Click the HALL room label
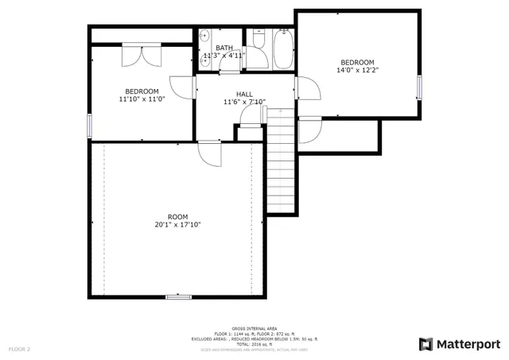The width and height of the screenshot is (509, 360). (x=244, y=94)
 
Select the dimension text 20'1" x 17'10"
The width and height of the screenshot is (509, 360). (x=177, y=225)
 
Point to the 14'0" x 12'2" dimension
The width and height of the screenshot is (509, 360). (x=357, y=70)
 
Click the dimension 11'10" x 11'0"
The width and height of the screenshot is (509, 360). (x=141, y=99)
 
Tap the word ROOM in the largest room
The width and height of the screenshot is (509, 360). (x=177, y=217)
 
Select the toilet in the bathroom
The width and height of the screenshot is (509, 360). (x=258, y=39)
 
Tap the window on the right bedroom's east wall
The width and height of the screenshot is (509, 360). (x=418, y=87)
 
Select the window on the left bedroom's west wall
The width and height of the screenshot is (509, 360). (x=89, y=125)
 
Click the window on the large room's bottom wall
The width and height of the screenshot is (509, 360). (x=178, y=296)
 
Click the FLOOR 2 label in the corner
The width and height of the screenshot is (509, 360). (x=19, y=349)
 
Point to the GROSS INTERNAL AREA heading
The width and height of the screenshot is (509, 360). (x=254, y=328)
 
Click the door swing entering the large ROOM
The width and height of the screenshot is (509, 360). (x=210, y=153)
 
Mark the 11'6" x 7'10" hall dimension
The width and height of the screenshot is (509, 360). (x=244, y=102)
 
